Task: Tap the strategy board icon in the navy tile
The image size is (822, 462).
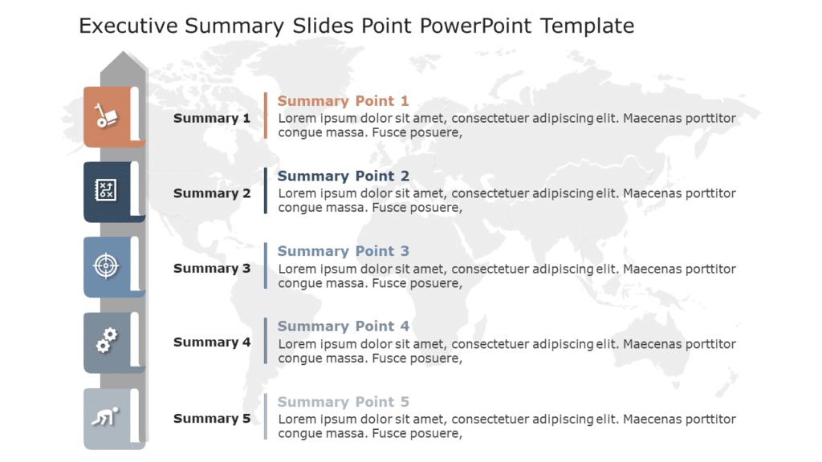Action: [x=106, y=190]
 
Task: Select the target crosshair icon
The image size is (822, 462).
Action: [x=106, y=265]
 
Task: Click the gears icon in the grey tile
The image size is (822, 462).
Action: [x=106, y=341]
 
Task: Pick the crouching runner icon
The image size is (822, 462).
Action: [x=105, y=417]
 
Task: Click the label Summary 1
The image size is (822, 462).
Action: [x=212, y=119]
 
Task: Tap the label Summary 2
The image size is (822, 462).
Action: [x=212, y=193]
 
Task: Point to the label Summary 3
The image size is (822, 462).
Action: [x=212, y=269]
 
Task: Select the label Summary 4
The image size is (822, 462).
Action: [x=212, y=342]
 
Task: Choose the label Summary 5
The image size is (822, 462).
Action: [x=212, y=419]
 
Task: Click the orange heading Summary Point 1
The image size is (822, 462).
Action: [x=343, y=101]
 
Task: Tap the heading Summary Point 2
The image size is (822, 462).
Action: [x=343, y=176]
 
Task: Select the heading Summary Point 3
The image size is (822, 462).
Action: [x=343, y=252]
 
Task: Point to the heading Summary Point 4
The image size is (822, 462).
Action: [x=343, y=326]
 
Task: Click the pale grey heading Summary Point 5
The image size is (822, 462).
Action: [x=343, y=402]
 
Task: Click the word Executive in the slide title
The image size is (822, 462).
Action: [x=128, y=26]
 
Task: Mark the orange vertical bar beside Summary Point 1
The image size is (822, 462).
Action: [x=266, y=115]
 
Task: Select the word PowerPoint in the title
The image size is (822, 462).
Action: [x=475, y=26]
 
